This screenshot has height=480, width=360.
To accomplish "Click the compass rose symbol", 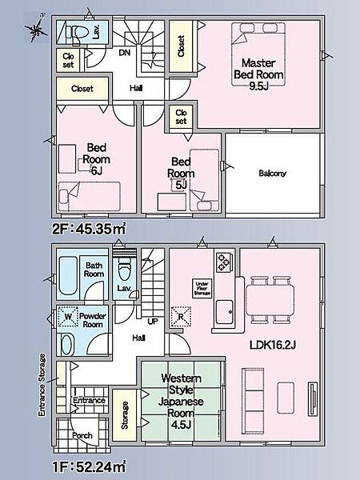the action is pyautogui.click(x=36, y=30).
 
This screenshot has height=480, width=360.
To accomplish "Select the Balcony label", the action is pyautogui.click(x=272, y=174).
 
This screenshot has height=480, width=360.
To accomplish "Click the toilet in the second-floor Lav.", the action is pyautogui.click(x=74, y=33).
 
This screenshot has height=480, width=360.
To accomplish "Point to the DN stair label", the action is pyautogui.click(x=125, y=53).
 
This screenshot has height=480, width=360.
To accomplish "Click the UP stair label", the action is pyautogui.click(x=153, y=322).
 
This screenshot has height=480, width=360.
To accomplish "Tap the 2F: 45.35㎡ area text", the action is pyautogui.click(x=89, y=229).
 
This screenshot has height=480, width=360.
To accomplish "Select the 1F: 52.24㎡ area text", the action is pyautogui.click(x=89, y=467).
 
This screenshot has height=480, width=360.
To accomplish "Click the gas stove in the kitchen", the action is pyautogui.click(x=223, y=262).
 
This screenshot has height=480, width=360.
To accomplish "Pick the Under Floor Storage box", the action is pyautogui.click(x=202, y=288).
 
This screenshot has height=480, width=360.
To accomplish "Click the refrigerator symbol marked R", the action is pyautogui.click(x=181, y=317).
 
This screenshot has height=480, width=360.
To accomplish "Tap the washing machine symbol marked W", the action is pyautogui.click(x=68, y=317).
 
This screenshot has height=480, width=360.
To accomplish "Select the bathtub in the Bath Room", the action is pyautogui.click(x=68, y=276).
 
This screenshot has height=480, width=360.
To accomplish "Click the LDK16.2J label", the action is pyautogui.click(x=273, y=346).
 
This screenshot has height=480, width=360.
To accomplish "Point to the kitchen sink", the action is pyautogui.click(x=224, y=312).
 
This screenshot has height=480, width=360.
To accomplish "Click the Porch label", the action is pyautogui.click(x=82, y=435).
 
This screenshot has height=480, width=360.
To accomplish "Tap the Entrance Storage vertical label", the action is pyautogui.click(x=42, y=385).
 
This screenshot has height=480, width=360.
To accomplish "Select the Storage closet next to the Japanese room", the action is pyautogui.click(x=124, y=415).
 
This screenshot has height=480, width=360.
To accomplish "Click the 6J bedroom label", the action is pyautogui.click(x=96, y=159).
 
